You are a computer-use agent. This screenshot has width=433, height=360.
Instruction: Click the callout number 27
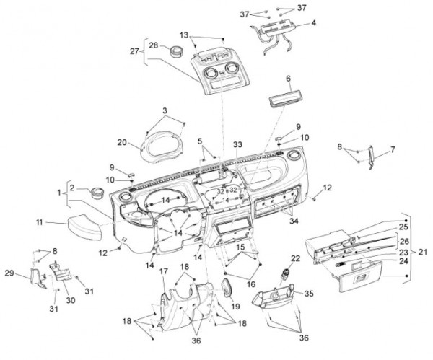tap(134, 51)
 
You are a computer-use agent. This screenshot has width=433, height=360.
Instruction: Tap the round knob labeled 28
tap(175, 51)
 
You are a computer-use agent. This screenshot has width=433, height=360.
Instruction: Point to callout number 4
tap(313, 23)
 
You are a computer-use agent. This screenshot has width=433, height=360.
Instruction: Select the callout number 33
tap(237, 145)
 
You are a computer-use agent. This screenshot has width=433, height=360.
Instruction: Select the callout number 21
tap(421, 252)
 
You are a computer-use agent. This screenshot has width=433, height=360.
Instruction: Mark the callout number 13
tap(184, 34)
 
